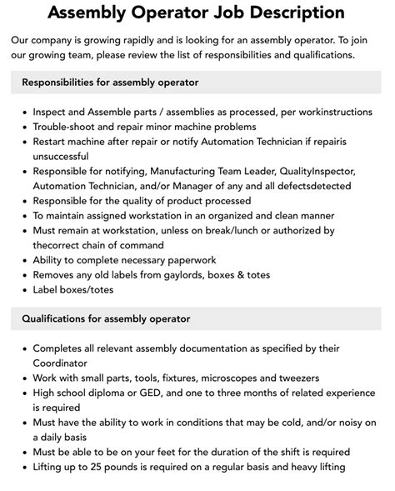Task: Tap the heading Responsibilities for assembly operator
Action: (x=104, y=83)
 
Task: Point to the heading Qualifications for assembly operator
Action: (x=106, y=318)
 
